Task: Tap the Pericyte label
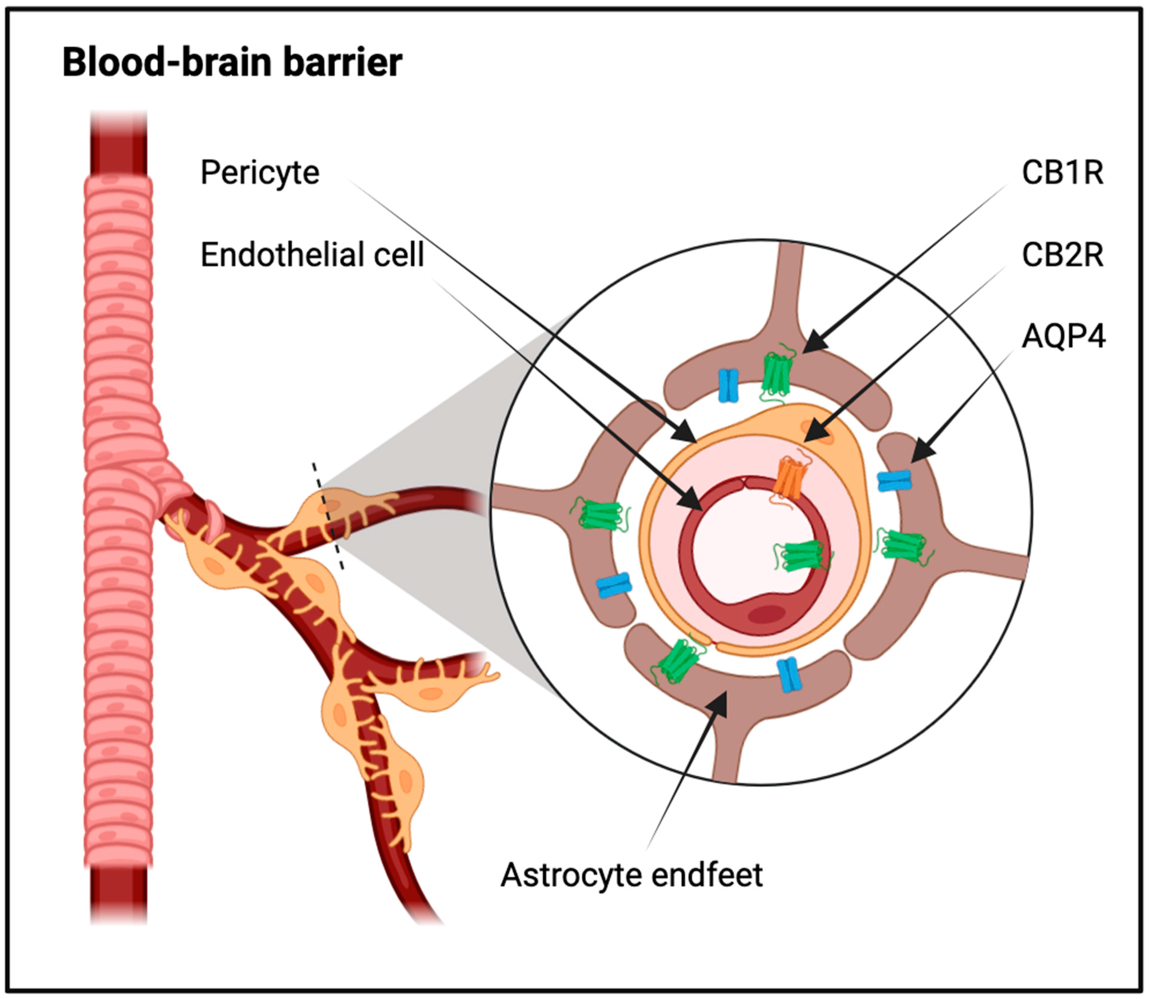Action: pos(260,173)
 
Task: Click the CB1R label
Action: pos(1062,173)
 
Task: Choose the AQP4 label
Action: pos(1064,337)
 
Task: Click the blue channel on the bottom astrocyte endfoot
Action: pos(789,675)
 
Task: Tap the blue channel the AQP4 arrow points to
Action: pos(895,480)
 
